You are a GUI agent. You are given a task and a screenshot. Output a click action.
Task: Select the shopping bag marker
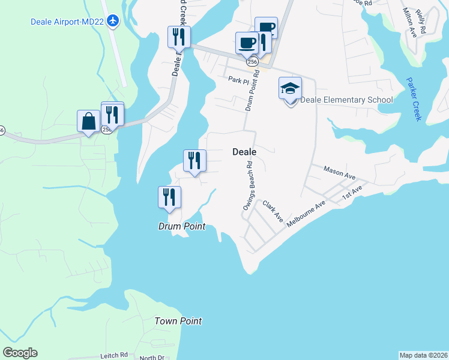coord(89,121)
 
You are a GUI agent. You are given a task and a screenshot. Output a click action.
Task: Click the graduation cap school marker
coord(290,89)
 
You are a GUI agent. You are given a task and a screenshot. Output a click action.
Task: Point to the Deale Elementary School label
coord(346,100)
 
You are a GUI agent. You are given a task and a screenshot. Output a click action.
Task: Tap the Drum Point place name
coord(181,226)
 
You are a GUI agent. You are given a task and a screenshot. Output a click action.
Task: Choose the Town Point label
coord(178,321)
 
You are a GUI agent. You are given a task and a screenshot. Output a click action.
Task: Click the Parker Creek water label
coord(414,99)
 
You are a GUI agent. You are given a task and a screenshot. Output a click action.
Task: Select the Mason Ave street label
coord(340,173)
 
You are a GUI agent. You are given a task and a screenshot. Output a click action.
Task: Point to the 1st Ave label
coord(352,193)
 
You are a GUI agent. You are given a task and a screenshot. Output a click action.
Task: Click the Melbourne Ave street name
coord(306,213)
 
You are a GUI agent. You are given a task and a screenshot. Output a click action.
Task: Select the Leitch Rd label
coord(116,355)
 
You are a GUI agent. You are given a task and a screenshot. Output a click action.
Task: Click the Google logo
coord(20,353)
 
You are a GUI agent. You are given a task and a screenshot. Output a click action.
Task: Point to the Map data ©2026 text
coord(423,355)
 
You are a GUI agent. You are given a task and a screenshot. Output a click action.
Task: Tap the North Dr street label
coord(152,358)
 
